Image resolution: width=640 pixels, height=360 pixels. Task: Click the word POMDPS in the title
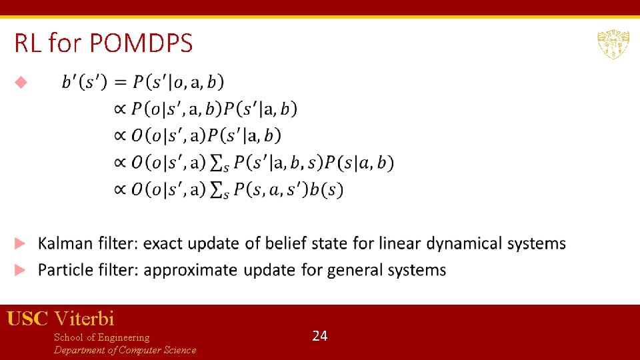[x=141, y=44]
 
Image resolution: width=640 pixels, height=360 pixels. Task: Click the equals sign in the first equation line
[x=120, y=82]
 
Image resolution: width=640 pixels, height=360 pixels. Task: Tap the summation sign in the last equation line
[x=216, y=191]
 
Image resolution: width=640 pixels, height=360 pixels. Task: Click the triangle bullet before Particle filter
[x=21, y=270]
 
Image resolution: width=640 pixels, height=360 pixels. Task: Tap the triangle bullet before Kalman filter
[x=21, y=243]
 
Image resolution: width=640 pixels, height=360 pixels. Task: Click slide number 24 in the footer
[x=320, y=336]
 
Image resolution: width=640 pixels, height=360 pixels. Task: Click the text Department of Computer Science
[x=125, y=350]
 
